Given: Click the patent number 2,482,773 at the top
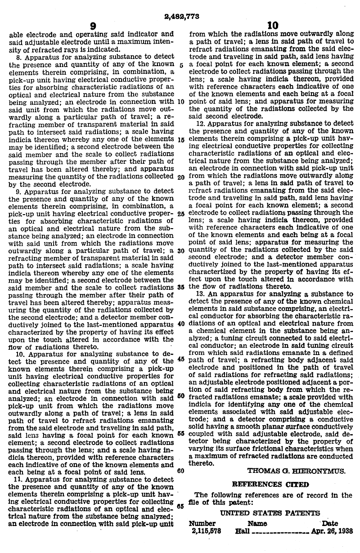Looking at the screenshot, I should coord(180,17).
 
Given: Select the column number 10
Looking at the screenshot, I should coord(273,26).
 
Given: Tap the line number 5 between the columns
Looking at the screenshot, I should coord(180,64).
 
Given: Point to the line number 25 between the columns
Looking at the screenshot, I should coord(181,214).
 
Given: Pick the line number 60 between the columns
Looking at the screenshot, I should coord(181,471).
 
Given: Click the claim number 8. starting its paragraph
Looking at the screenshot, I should coord(19,57).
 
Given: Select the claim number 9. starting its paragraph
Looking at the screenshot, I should coord(19,191).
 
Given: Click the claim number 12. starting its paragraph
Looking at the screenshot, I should coord(201,122).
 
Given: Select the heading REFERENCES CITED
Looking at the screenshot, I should coord(270,485).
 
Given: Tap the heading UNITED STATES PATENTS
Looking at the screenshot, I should coord(270,513).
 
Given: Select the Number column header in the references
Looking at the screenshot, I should coord(202,523).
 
